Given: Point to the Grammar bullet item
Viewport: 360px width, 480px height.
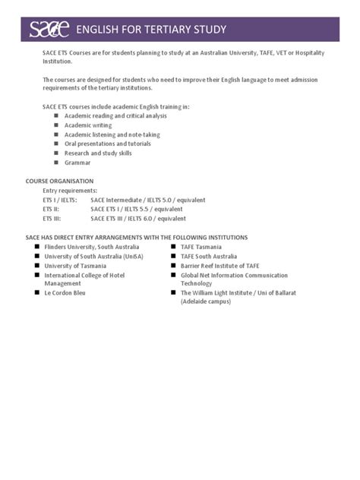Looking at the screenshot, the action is point(77,162).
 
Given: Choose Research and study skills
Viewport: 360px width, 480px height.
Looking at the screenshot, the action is point(98,153).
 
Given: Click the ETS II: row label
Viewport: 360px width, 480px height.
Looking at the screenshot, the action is point(51,207).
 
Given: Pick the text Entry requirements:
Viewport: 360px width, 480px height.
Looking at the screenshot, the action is point(70,191).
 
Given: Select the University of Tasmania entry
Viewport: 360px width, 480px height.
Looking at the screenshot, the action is point(77,265).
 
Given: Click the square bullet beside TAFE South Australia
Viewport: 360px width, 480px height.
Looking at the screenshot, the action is point(174,256).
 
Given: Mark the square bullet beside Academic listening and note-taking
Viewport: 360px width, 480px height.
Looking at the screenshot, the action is point(55,134).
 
